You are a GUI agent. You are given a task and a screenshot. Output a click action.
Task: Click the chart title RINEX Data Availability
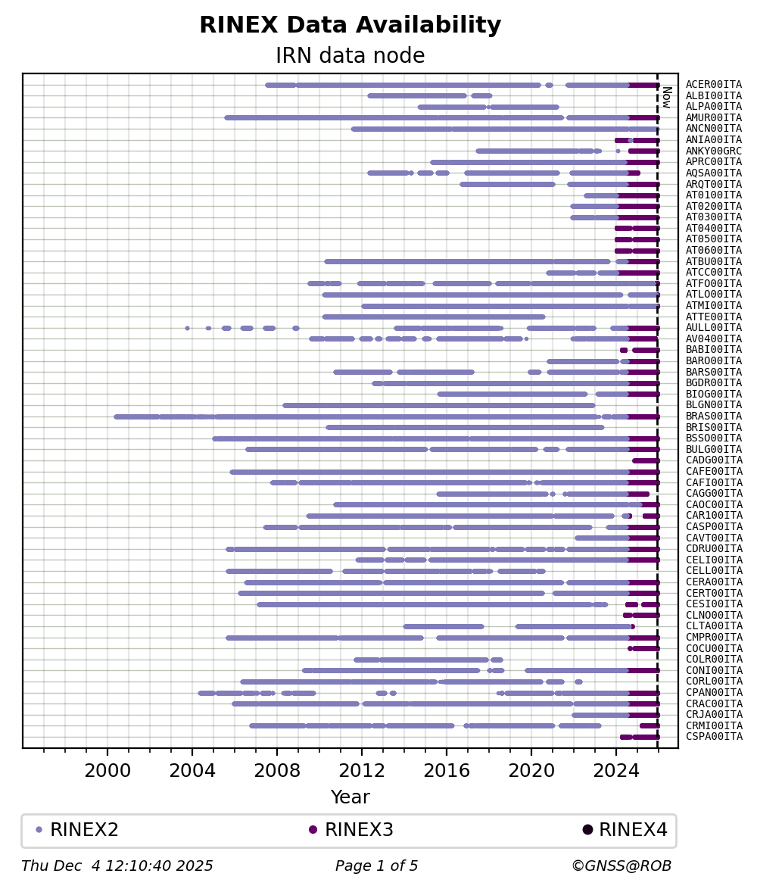pos(350,25)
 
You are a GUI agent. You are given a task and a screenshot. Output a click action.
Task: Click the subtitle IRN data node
pos(350,55)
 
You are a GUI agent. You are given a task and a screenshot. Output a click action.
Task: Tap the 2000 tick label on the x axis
pos(107,771)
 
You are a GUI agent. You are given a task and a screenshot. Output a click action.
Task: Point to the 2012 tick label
pos(362,771)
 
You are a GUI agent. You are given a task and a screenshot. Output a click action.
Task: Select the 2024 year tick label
pos(616,771)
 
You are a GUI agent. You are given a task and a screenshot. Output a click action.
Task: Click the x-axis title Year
pos(350,797)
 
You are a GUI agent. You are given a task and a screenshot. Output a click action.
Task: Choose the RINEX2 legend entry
pos(77,829)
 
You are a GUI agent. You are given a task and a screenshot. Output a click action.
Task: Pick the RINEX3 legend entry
pos(351,829)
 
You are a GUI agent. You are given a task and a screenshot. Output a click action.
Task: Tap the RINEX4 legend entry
pos(625,829)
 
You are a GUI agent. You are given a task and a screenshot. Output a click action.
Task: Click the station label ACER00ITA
pos(713,85)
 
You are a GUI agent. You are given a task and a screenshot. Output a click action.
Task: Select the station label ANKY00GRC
pos(713,151)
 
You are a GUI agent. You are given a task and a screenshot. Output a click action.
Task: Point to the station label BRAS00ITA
pos(713,416)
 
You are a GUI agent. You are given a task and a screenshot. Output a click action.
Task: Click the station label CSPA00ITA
pos(713,737)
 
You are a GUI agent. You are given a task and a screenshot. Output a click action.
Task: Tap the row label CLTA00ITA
pos(713,626)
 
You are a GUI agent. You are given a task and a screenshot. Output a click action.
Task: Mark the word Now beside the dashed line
pos(666,97)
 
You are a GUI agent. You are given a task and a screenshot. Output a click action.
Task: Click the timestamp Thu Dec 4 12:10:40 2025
pos(117,866)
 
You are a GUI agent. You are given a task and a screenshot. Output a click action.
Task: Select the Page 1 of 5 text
pos(376,866)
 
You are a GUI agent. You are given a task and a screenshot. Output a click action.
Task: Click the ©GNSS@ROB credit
pos(621,866)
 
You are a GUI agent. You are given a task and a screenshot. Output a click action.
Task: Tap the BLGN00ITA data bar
pos(439,405)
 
